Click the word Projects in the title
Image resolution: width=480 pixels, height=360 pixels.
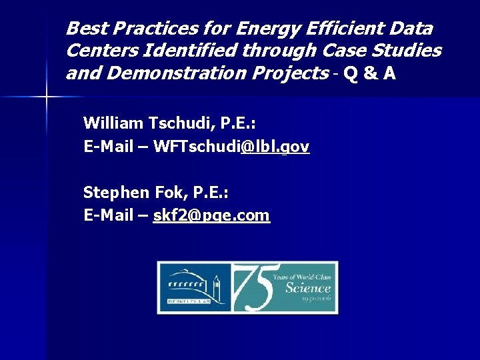pos(290,73)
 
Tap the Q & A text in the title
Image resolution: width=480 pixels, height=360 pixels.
pos(370,73)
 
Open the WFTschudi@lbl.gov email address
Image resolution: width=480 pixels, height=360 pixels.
pos(231,147)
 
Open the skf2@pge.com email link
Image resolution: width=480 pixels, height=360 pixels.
pos(211,215)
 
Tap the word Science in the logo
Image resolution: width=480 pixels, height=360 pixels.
pos(307,288)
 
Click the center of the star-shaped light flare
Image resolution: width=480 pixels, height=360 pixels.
pos(47,98)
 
